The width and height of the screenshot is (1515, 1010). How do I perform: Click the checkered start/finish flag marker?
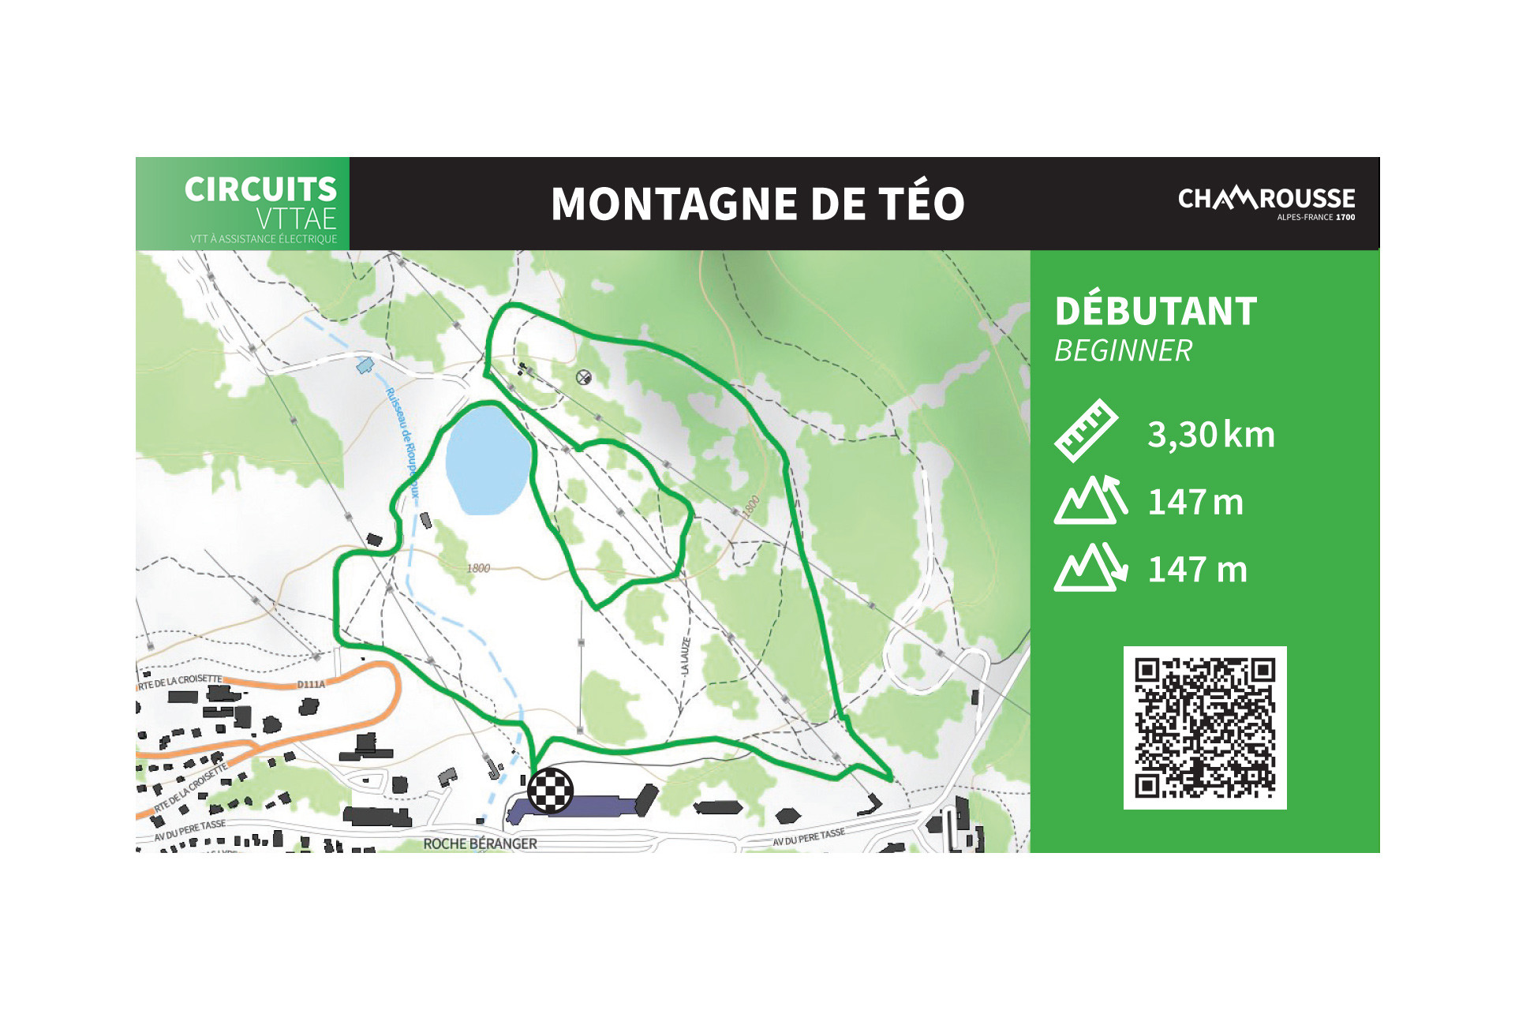pos(550,790)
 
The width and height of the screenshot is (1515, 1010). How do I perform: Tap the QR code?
pos(1204,728)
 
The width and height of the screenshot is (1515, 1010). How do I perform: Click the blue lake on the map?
pos(487,460)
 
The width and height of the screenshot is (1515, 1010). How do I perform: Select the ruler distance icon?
pos(1086,431)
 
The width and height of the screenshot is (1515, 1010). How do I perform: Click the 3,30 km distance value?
pos(1210,435)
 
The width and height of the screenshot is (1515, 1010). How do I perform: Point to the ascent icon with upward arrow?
pos(1090,500)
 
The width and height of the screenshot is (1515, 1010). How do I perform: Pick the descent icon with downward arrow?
pos(1090,567)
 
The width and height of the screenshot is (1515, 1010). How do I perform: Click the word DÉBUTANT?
pos(1155,312)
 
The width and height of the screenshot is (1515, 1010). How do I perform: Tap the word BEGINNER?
pos(1123,351)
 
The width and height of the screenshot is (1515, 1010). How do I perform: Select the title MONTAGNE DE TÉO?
pos(757,204)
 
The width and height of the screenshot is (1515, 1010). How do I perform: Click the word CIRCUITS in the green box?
pos(260,189)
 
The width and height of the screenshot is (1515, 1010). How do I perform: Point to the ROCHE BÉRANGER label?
pos(480,844)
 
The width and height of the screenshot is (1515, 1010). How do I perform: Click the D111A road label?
pos(311,684)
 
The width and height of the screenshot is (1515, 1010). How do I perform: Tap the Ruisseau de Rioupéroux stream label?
pos(402,442)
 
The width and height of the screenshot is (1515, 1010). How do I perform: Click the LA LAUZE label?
pos(685,656)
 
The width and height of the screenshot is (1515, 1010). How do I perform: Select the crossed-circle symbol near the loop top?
pos(583,377)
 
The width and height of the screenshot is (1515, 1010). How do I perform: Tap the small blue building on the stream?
pos(364,365)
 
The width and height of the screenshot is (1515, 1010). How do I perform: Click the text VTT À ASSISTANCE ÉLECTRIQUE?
pos(263,239)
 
